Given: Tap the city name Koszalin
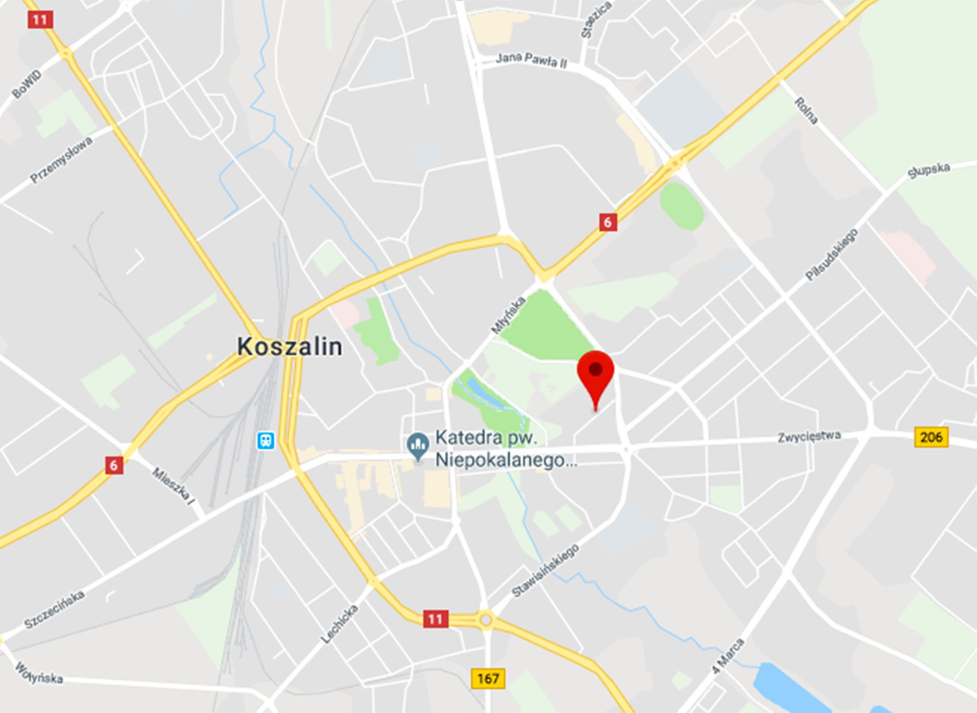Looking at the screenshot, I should click(x=289, y=346).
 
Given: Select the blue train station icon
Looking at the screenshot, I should click(x=265, y=440).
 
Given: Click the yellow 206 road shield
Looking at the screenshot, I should click(x=931, y=437).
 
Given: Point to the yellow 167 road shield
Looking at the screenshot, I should click(x=487, y=678).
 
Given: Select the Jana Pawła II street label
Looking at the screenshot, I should click(x=531, y=60).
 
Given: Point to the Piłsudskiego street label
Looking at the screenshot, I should click(x=832, y=254).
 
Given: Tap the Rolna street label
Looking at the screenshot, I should click(x=806, y=111).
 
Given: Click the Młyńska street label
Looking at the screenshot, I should click(x=508, y=315).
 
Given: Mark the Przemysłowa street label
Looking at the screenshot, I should click(x=61, y=160).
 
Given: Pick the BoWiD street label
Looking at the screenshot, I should click(x=26, y=84).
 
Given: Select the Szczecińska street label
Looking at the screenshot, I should click(x=54, y=609).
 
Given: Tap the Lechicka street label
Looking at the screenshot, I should click(x=339, y=624).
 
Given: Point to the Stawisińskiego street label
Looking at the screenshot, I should click(x=545, y=570).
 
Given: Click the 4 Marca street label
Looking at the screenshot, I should click(x=728, y=656).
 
